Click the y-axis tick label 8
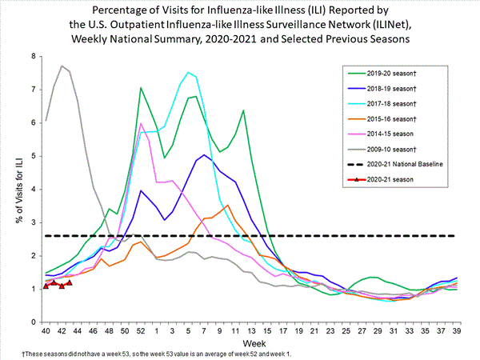(x=33, y=56)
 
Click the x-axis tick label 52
(x=140, y=330)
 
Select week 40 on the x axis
(x=46, y=330)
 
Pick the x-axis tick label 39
(x=455, y=330)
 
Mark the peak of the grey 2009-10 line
(x=62, y=66)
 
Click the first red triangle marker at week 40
(x=46, y=286)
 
